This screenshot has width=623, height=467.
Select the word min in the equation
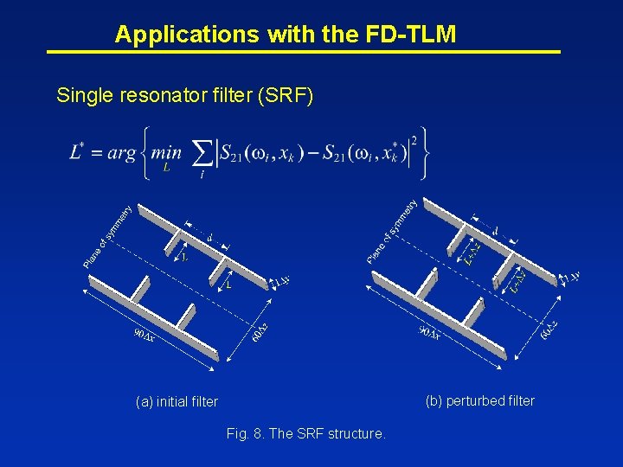(x=165, y=153)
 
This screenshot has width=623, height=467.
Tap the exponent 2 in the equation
(x=415, y=139)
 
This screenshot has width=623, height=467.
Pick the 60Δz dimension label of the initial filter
(x=259, y=332)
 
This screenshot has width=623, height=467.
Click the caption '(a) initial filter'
(x=177, y=401)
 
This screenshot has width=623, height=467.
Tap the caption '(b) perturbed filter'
(x=479, y=400)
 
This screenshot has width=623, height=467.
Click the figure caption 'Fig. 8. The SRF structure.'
(x=305, y=433)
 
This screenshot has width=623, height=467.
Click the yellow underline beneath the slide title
(x=303, y=52)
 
